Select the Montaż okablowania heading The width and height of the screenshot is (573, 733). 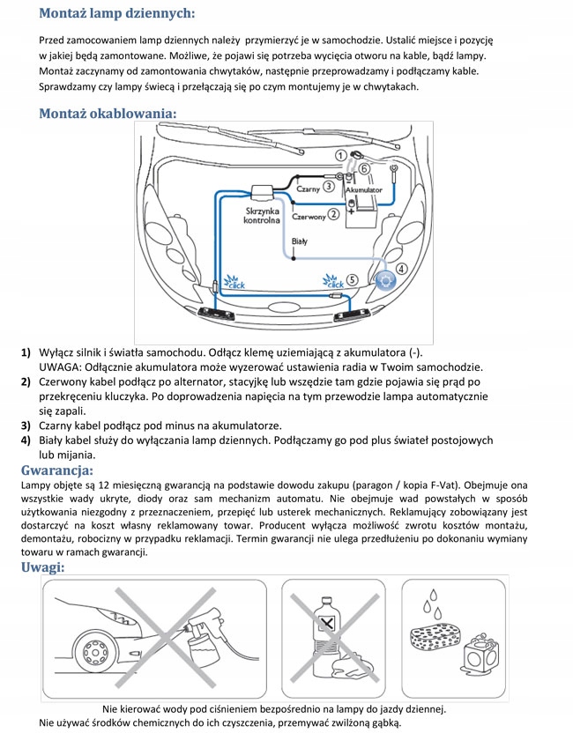pyautogui.click(x=108, y=114)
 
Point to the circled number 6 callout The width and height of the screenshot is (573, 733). pyautogui.click(x=363, y=167)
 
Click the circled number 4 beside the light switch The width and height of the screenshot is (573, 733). pyautogui.click(x=400, y=269)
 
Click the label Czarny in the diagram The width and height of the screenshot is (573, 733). pyautogui.click(x=306, y=187)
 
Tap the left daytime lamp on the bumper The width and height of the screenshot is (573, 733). pyautogui.click(x=217, y=312)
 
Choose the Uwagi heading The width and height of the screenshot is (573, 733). pyautogui.click(x=42, y=567)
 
